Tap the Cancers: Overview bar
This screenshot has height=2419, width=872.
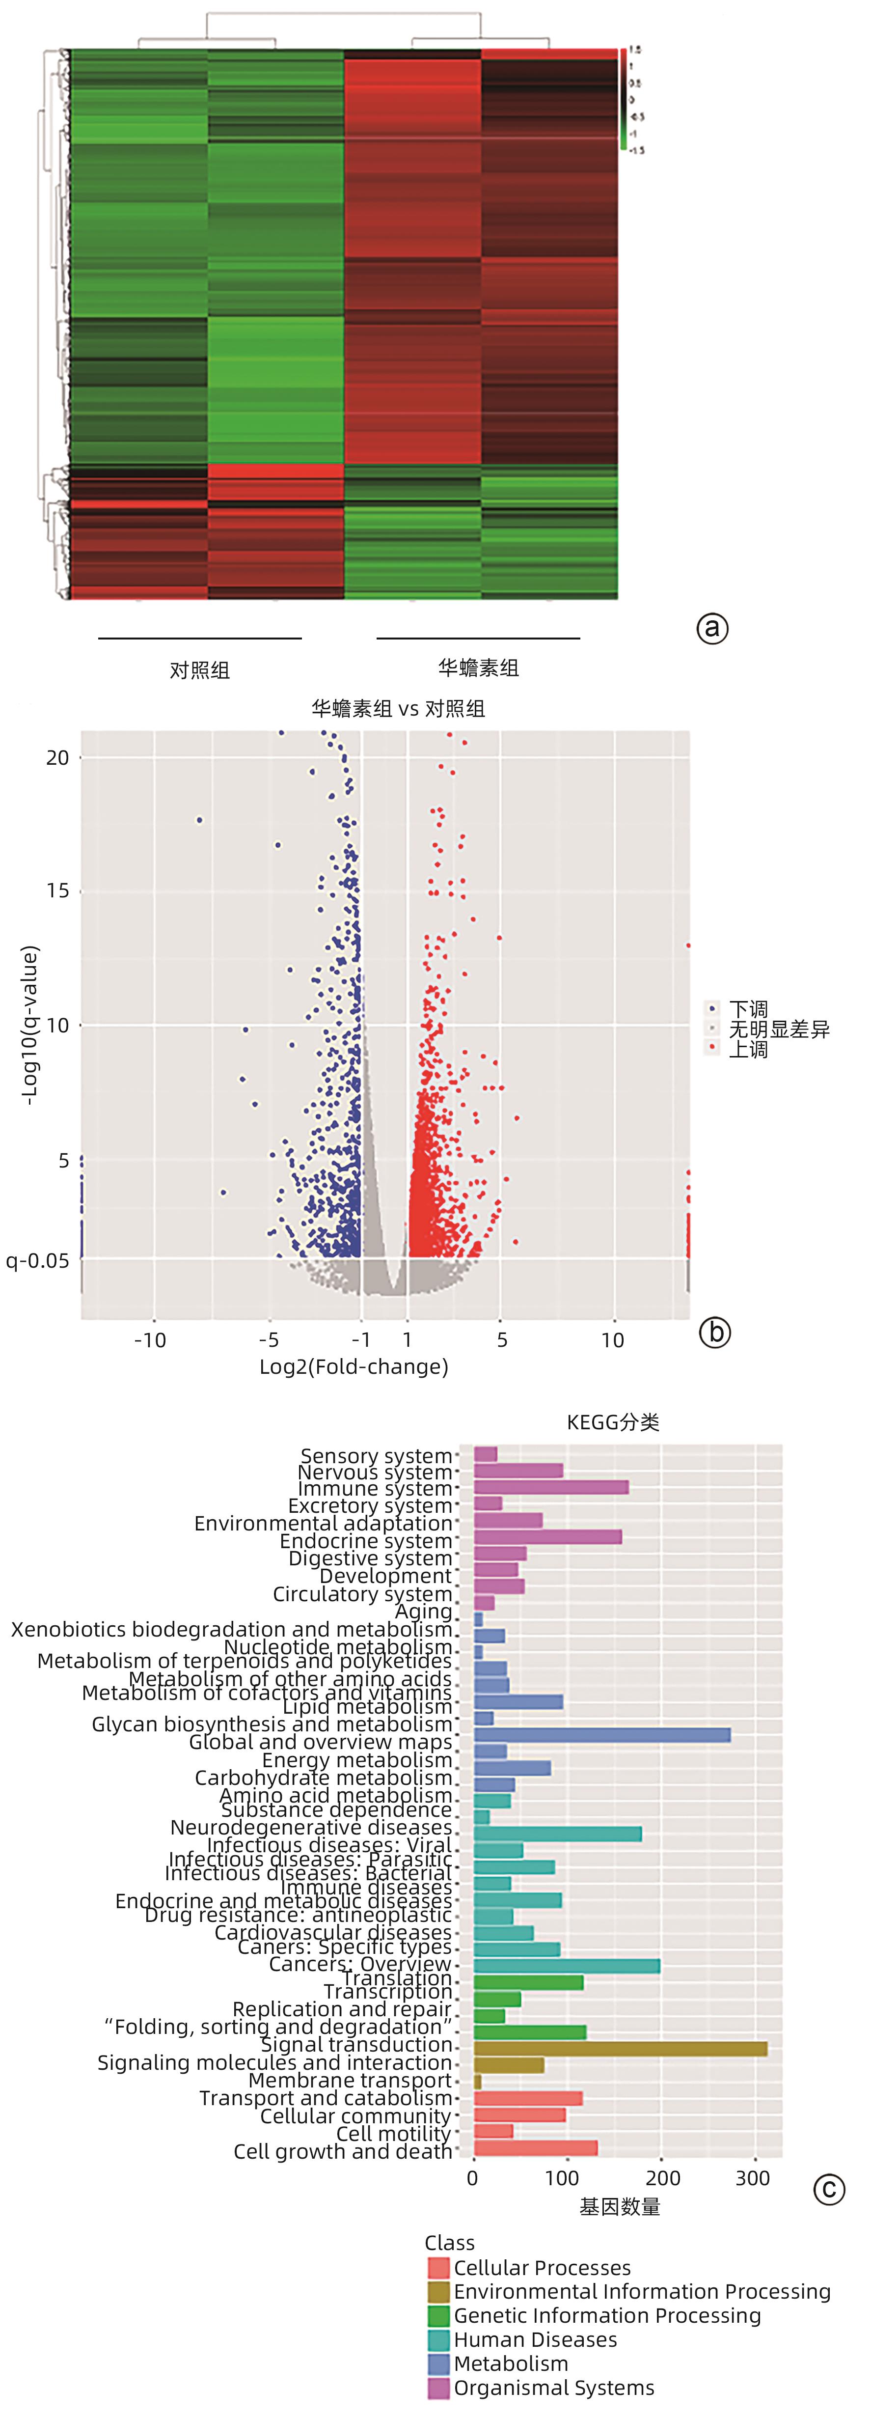566,1966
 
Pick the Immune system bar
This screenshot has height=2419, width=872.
551,1487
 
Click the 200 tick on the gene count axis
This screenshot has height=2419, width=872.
663,2178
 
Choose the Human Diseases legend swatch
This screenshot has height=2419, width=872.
438,2339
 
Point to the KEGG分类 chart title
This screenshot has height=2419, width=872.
613,1422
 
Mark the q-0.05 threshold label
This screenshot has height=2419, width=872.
37,1260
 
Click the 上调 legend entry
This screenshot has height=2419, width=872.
748,1049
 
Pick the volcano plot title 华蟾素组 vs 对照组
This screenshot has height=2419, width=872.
398,708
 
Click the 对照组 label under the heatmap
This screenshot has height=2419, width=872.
199,669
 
